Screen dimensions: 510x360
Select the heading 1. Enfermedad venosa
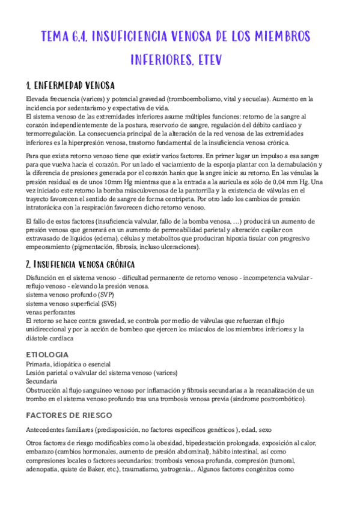70,85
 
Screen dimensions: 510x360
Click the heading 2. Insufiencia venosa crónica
80,265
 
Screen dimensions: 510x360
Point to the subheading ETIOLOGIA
47,355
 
